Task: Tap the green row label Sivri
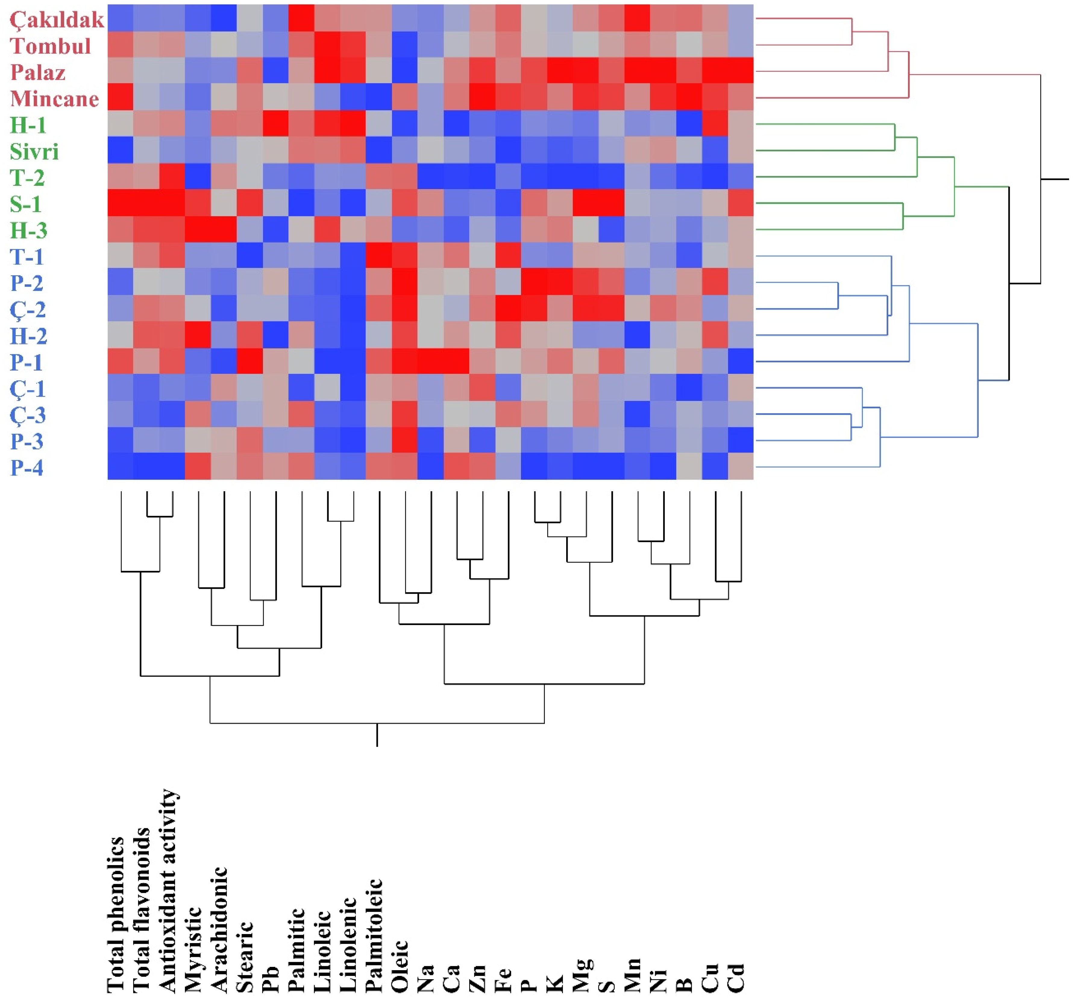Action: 34,152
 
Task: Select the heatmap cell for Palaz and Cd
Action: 741,71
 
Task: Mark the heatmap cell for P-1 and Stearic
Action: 250,361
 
